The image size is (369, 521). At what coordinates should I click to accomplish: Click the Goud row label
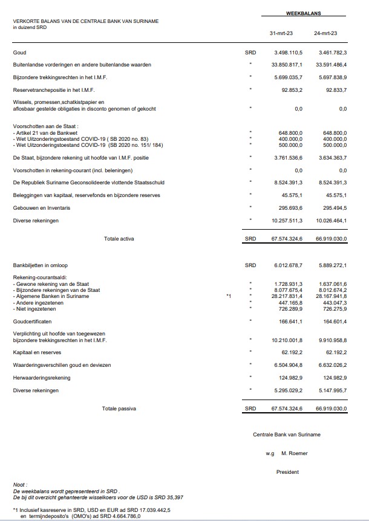pos(19,53)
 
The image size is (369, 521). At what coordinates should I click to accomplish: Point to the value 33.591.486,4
pos(327,65)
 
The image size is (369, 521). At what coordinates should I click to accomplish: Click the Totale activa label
pos(120,239)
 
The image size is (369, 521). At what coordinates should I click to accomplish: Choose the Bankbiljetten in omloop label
pos(41,265)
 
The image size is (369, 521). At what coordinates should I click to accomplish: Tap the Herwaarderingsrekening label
pos(42,378)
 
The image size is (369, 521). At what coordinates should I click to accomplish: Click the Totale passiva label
pos(119,409)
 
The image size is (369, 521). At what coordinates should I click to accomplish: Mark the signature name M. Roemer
pos(295,453)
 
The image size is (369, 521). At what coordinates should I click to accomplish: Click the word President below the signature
pos(287,471)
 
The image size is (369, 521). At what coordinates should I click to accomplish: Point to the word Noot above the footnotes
pos(20,485)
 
